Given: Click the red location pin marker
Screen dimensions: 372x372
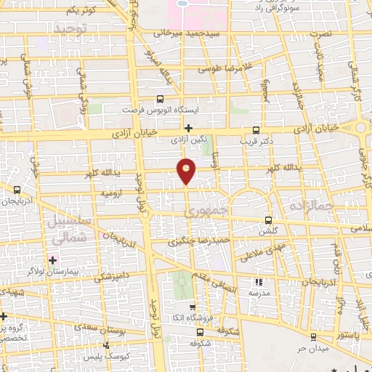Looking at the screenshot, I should coord(187,171).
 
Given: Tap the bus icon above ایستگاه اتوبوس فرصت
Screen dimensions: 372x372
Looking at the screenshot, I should coord(161,100).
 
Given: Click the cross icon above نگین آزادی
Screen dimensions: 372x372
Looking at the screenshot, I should coord(188,127).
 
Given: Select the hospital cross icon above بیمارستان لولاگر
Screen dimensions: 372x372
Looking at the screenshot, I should coord(52,259).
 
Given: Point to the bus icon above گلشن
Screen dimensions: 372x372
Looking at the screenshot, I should coord(268,220).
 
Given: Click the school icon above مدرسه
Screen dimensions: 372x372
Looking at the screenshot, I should coord(257,282).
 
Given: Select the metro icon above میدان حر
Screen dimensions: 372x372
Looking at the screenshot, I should coord(313,337).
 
